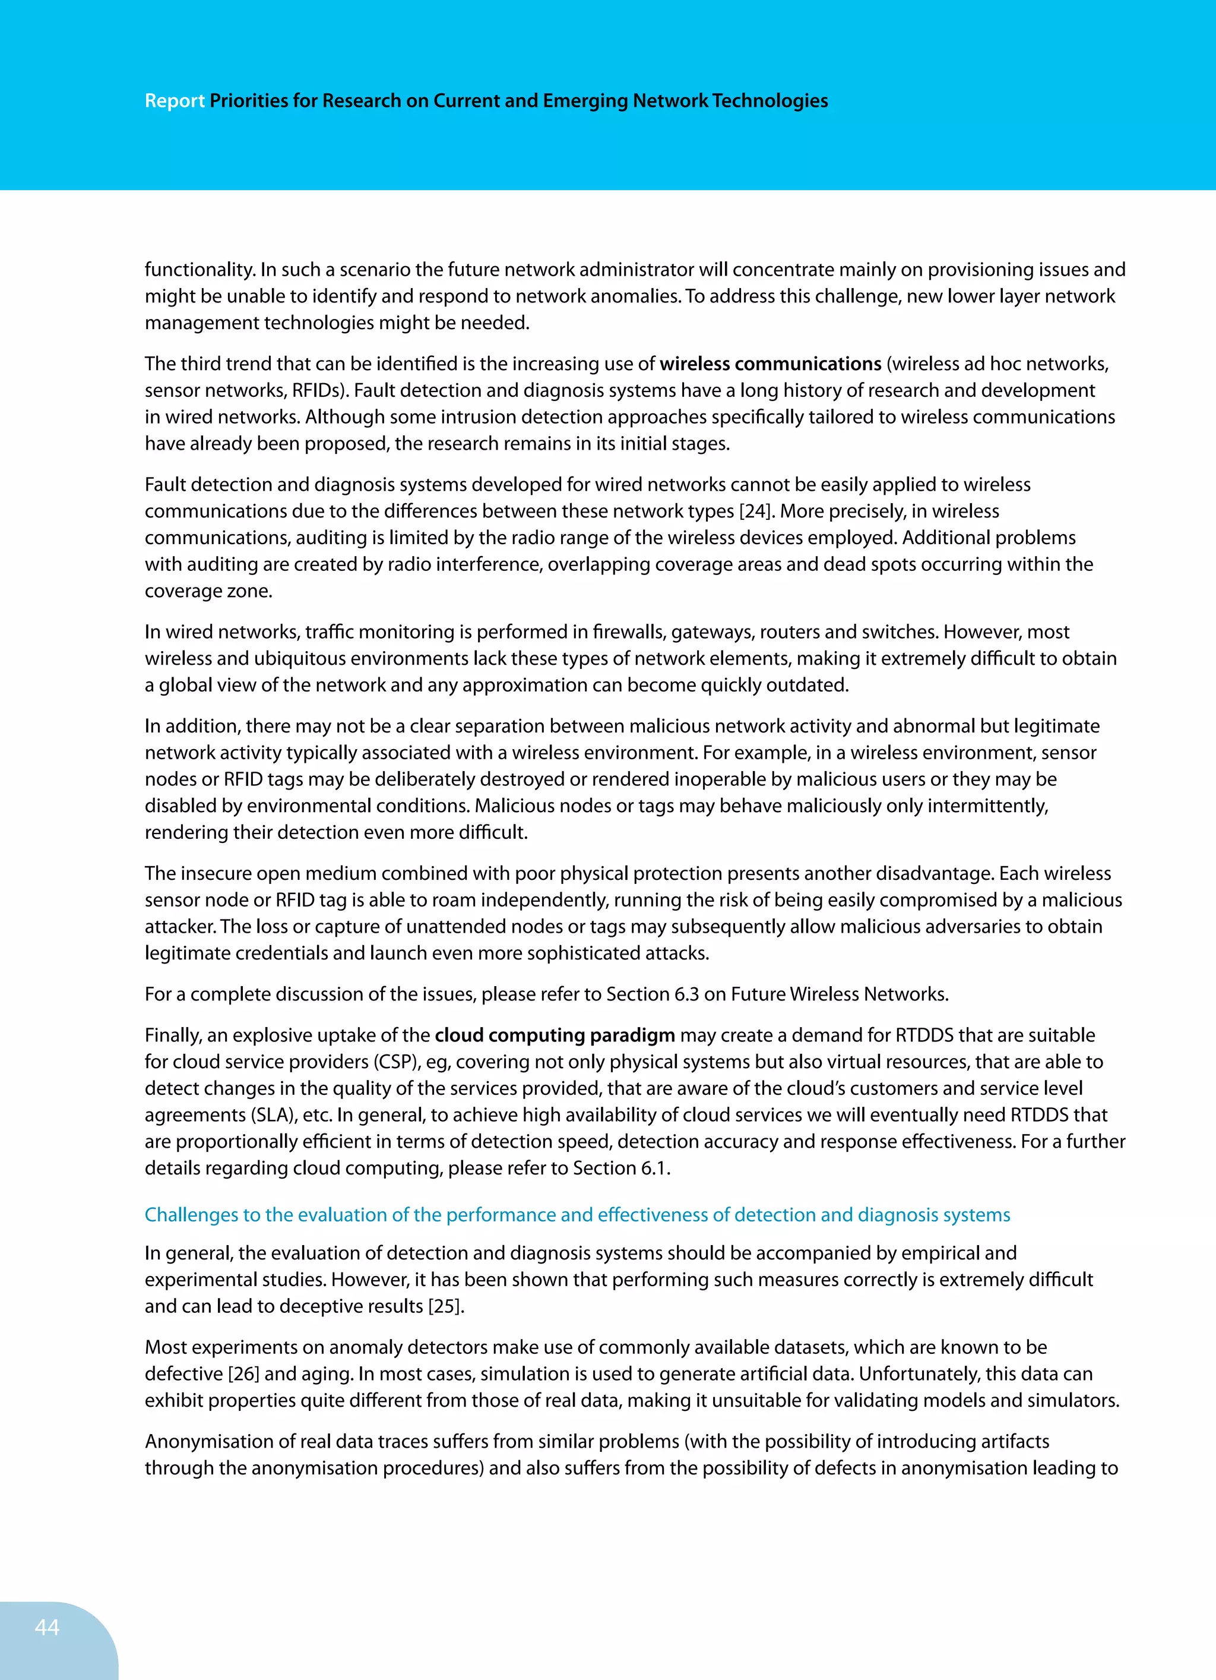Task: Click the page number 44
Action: [x=47, y=1627]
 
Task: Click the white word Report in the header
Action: [x=175, y=101]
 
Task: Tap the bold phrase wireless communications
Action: [x=770, y=364]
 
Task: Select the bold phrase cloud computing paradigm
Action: [x=555, y=1035]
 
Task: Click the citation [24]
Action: [x=756, y=511]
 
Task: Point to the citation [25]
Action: [x=446, y=1306]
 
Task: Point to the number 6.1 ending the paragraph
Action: [x=655, y=1168]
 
